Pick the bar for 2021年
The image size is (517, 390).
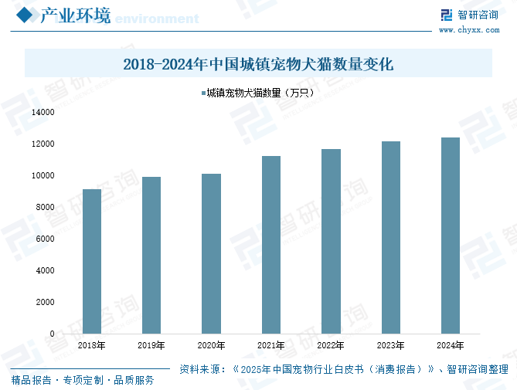coord(270,245)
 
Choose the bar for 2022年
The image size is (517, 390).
coord(331,241)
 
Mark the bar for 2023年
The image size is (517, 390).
coord(390,237)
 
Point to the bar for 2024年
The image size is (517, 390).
coord(450,236)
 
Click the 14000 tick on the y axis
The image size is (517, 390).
coord(43,112)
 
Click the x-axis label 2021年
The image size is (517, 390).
coord(270,346)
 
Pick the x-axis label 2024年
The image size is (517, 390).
coord(450,346)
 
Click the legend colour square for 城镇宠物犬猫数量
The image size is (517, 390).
coord(203,93)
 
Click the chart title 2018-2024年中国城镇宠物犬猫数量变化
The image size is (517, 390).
coord(258,64)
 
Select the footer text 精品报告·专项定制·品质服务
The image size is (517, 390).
coord(83,380)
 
